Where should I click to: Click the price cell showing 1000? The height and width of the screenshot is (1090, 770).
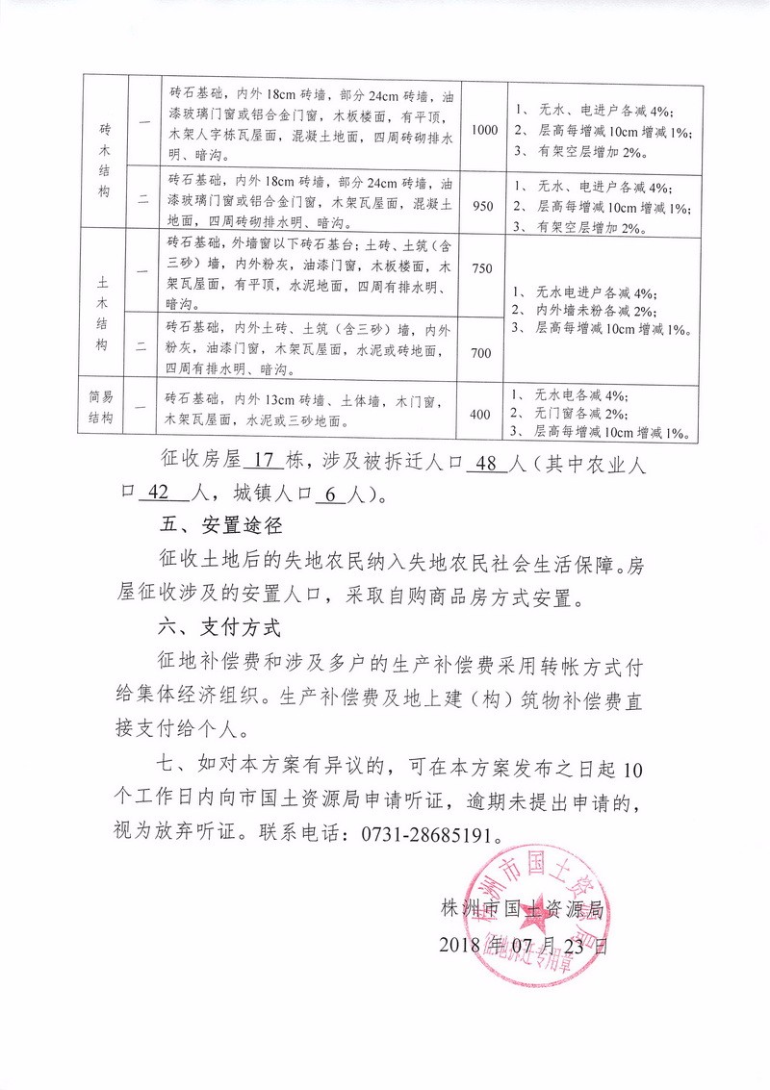[x=483, y=130]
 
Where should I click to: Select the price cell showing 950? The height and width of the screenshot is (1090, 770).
[x=483, y=205]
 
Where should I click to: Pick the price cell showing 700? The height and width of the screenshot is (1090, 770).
[x=480, y=353]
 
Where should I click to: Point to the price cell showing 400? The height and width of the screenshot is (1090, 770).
[x=479, y=415]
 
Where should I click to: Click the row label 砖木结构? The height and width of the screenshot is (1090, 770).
[x=105, y=160]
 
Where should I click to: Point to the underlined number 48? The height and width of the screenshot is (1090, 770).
[x=485, y=463]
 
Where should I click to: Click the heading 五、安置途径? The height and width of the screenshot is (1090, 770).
[x=219, y=527]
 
